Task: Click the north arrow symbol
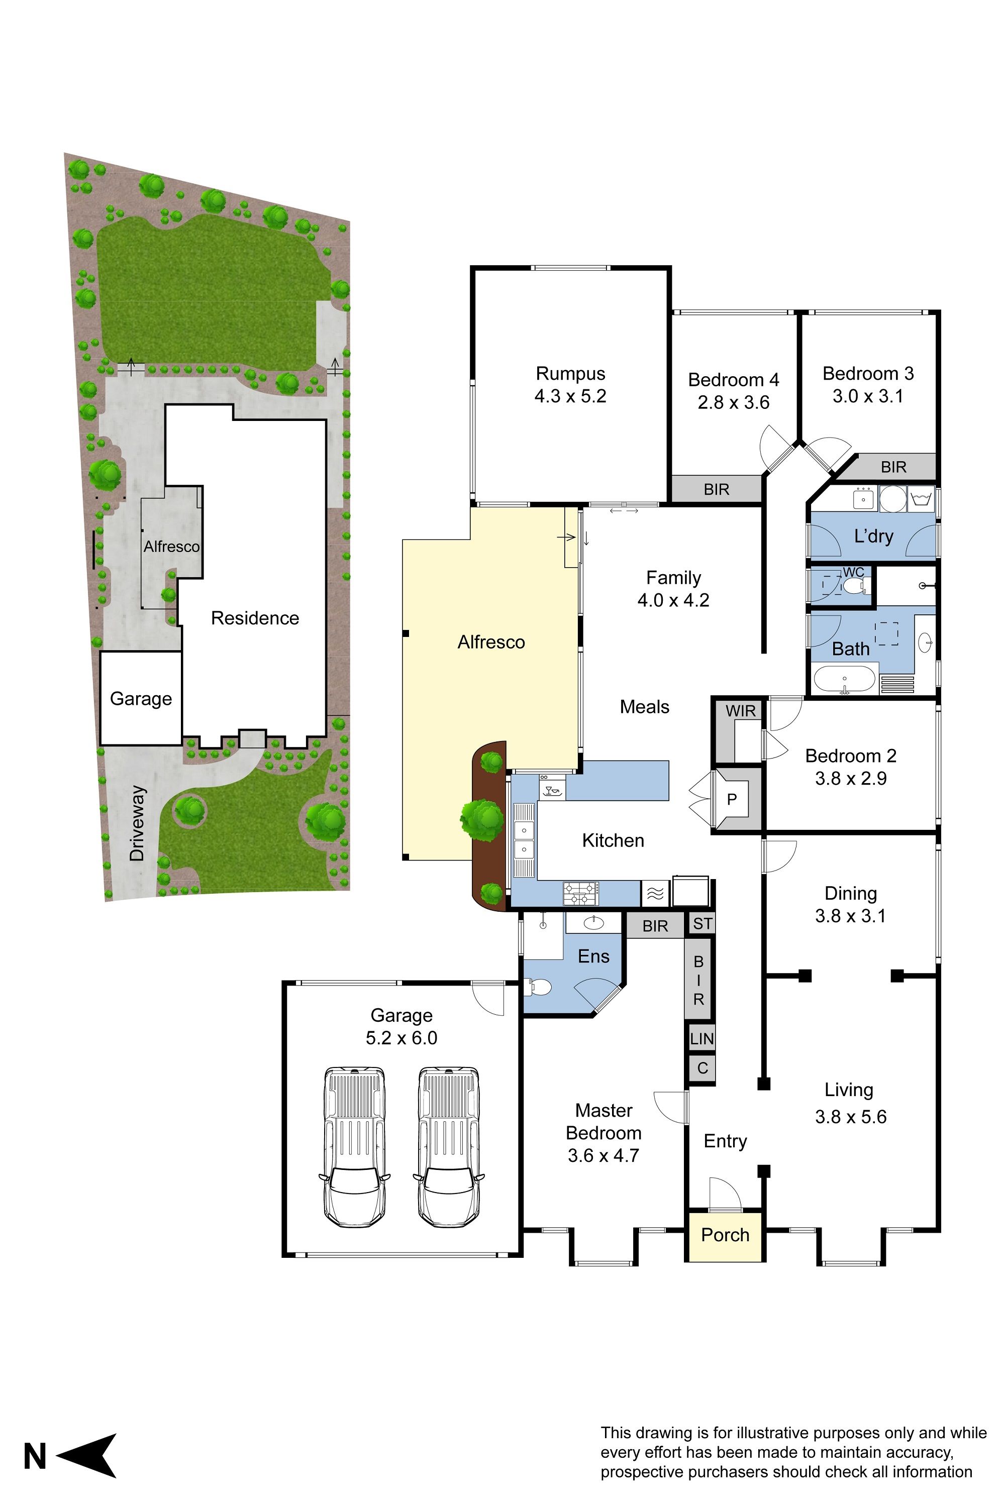coord(88,1456)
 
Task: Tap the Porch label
coord(725,1235)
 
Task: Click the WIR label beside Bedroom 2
coord(740,711)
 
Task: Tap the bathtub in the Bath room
coord(845,679)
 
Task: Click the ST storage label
coord(702,924)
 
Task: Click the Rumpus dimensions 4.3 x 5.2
coord(570,396)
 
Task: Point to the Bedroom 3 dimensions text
coord(868,396)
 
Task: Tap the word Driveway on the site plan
coord(137,824)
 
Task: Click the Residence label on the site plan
coord(255,618)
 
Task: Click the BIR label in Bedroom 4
coord(716,489)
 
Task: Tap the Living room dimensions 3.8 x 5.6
coord(851,1117)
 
